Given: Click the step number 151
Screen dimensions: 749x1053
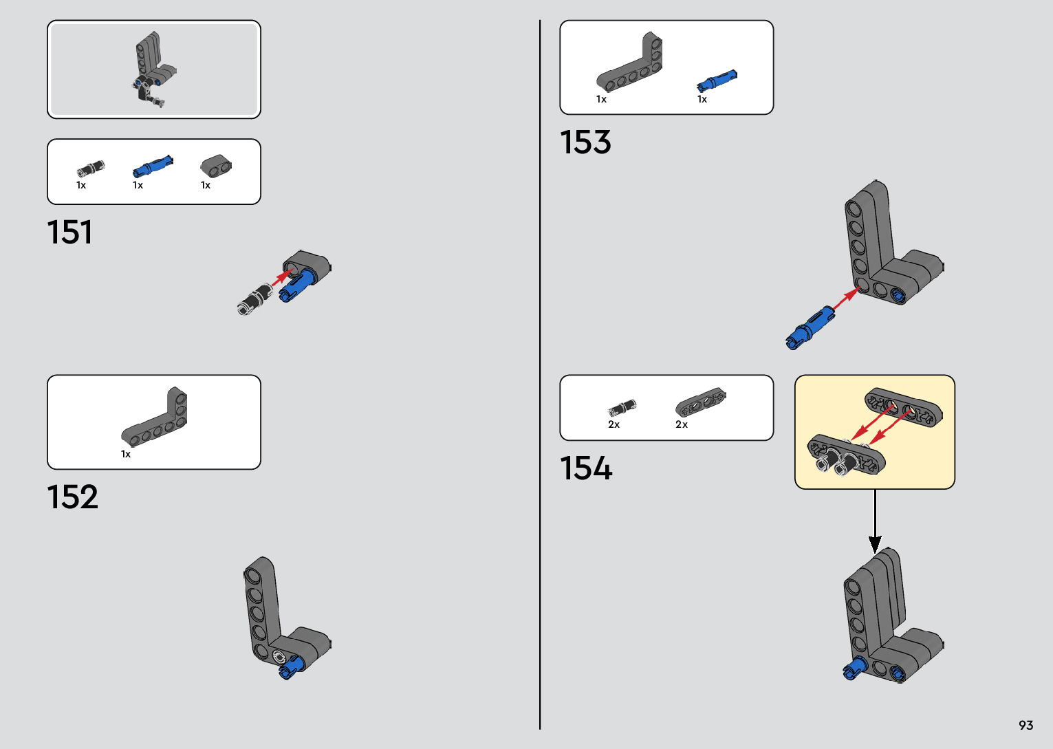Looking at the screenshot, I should tap(69, 232).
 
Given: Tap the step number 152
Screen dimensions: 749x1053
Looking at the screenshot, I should tap(72, 497).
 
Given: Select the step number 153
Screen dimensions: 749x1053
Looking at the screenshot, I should tap(585, 142).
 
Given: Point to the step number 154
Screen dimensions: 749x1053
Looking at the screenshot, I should tap(586, 468).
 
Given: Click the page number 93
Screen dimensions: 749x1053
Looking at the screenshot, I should tap(1025, 726).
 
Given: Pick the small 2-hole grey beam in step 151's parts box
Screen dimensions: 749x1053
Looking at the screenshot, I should tap(216, 166).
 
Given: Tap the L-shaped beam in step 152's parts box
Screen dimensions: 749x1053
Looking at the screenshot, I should tap(156, 418).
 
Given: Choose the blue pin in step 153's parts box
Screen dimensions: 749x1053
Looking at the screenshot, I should tap(717, 81).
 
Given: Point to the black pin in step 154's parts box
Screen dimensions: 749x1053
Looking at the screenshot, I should tap(622, 407).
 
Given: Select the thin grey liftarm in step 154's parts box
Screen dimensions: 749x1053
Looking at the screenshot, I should tap(700, 402).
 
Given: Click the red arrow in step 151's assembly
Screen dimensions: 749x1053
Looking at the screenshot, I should tap(281, 278).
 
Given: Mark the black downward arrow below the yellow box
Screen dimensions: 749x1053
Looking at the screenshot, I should tap(875, 523).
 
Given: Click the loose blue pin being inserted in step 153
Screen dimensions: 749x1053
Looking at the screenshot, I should tap(810, 328).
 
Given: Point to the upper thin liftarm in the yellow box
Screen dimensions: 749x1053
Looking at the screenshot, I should tap(903, 407).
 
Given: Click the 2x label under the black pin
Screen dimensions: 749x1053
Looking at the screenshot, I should tap(614, 424).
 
